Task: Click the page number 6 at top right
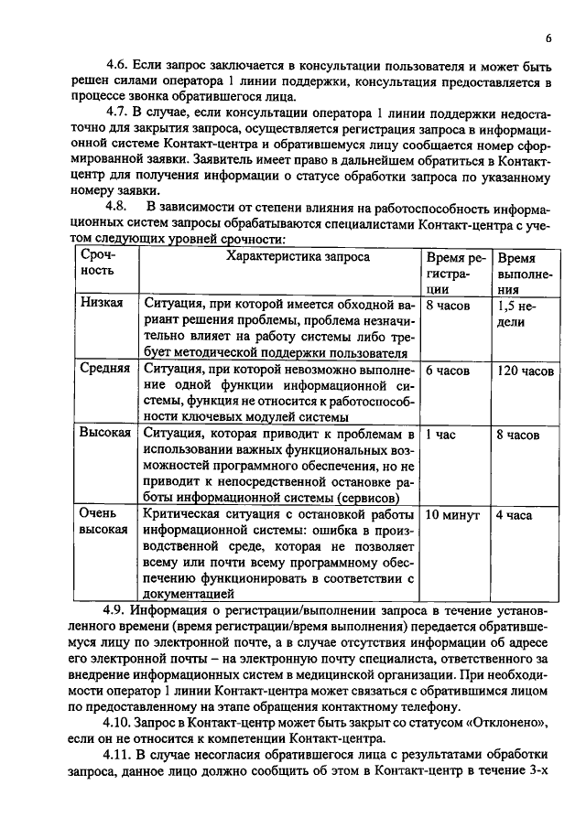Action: pos(548,38)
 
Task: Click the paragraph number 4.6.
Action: pos(117,65)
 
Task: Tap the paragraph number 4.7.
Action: pos(117,113)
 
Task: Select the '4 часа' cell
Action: pos(514,514)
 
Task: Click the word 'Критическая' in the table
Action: pos(179,514)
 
